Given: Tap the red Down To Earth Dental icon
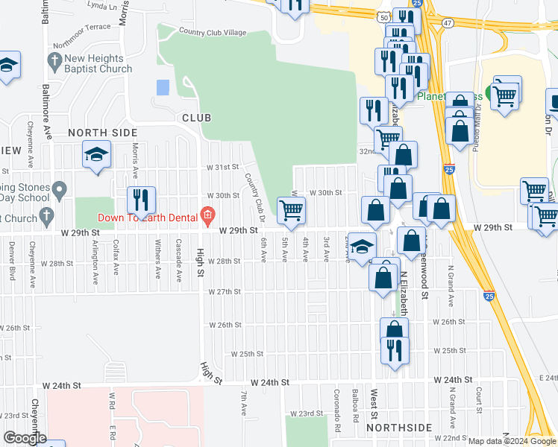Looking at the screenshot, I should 208,218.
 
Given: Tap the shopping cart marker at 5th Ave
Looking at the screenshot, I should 291,209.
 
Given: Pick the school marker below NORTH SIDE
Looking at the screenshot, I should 96,155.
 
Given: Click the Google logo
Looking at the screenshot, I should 25,438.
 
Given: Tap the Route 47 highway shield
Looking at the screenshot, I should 446,24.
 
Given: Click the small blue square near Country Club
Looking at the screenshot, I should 163,87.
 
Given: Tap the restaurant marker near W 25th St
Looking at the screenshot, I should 394,350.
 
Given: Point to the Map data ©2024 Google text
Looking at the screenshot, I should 505,441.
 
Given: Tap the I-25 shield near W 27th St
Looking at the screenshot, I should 488,296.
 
